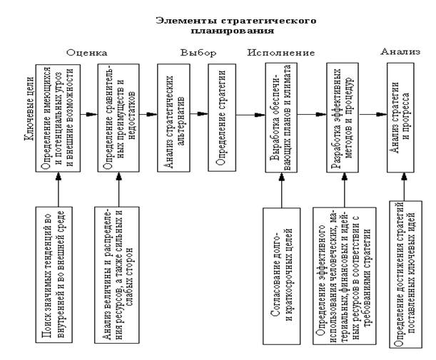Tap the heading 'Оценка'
click(x=86, y=52)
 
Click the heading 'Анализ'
click(x=400, y=51)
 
